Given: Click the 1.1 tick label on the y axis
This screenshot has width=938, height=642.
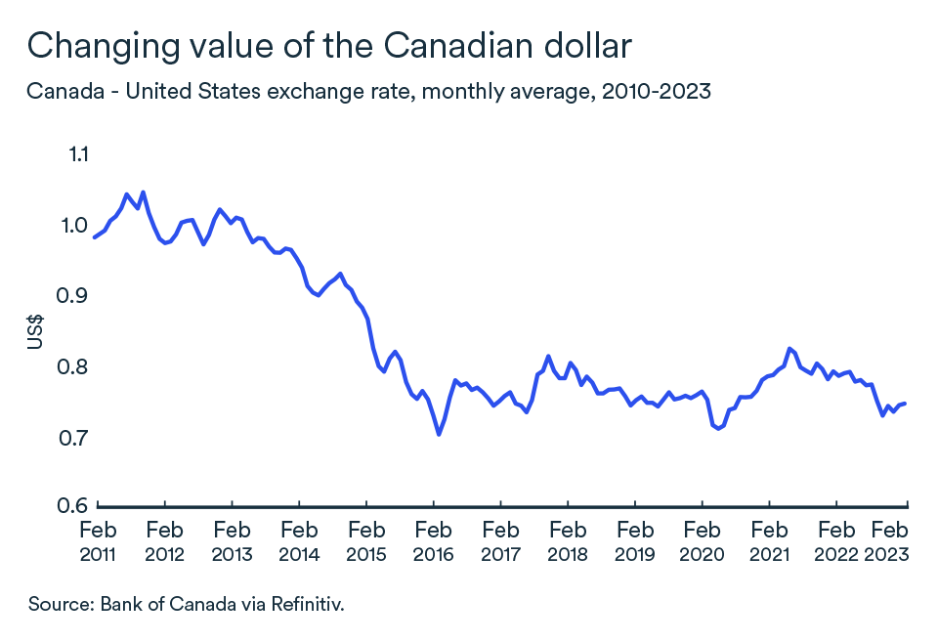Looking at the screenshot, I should [78, 154].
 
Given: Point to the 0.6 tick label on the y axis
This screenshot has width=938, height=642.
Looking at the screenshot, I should [77, 506].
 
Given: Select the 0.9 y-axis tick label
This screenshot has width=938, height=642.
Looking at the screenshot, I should [77, 295].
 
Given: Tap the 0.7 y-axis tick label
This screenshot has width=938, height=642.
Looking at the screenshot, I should [77, 437].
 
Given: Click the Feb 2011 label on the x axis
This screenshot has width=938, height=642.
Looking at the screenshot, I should [98, 542].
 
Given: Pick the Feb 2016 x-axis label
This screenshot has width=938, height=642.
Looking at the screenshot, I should [433, 542].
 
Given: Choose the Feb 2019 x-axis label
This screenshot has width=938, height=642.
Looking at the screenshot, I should [634, 542].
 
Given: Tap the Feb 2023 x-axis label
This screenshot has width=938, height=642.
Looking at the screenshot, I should [890, 542].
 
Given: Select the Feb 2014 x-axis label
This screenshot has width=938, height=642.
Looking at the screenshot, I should [299, 542].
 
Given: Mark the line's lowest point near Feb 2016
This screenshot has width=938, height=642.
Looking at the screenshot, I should [439, 434].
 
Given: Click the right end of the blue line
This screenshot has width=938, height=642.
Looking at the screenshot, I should [906, 403].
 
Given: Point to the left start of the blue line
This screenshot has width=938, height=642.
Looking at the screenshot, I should [94, 236].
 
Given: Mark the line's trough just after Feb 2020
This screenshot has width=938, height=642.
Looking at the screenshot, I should [719, 428].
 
